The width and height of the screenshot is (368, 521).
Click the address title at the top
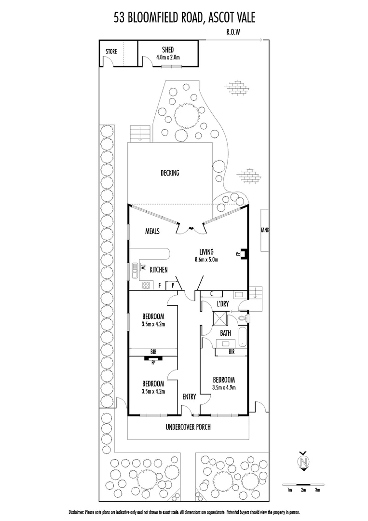coord(184,18)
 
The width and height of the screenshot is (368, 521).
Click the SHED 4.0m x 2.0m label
coord(168,54)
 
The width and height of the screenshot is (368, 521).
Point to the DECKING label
coord(170,173)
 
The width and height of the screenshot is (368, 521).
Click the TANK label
coord(264,231)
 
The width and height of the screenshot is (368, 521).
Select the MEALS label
coord(152,231)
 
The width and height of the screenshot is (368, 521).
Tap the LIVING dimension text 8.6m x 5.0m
coord(210,260)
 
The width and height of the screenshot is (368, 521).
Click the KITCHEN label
coord(158,270)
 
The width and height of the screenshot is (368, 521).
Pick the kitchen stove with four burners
coord(147,286)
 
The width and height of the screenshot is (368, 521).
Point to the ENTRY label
coord(189,397)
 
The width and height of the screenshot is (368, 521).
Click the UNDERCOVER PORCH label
coord(188,427)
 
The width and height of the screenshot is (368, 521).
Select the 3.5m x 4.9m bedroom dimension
coord(223,387)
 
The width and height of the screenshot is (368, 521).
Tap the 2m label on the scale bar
coord(303,490)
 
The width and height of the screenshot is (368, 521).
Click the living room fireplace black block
coord(244,252)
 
